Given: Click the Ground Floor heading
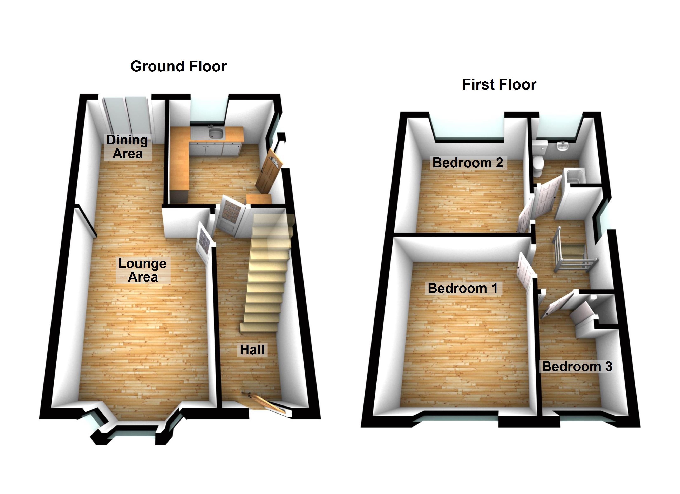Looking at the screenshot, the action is (178, 66).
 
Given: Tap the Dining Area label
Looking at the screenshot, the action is (127, 147).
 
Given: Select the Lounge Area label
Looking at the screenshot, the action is (142, 270).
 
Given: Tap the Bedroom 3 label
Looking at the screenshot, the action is (577, 366).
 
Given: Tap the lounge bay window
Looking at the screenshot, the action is (132, 431).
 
